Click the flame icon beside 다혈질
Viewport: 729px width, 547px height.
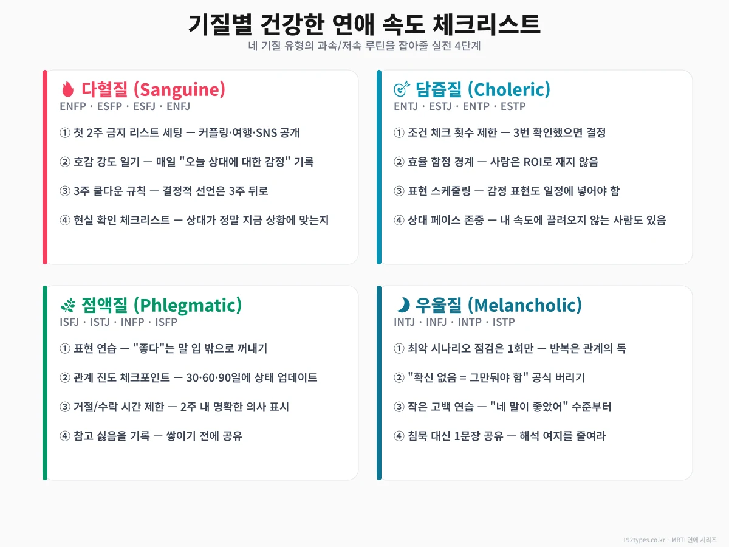pos(67,90)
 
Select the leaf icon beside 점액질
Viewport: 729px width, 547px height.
pos(67,306)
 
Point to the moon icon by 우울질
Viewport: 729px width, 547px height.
pos(402,306)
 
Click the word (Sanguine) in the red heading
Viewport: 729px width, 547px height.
pos(179,90)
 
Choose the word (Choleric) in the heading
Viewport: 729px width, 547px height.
pos(509,90)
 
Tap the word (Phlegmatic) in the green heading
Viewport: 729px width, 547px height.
pos(187,306)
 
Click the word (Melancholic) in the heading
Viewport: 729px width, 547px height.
pos(525,306)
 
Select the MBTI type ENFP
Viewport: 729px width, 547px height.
pos(73,106)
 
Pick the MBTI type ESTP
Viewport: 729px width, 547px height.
pos(513,106)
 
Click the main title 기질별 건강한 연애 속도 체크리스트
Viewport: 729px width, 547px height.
pos(364,25)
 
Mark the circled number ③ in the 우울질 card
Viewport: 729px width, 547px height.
pos(399,407)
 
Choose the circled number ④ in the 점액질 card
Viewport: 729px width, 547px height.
pos(65,436)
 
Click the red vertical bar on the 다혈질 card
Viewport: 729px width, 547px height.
pos(45,167)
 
